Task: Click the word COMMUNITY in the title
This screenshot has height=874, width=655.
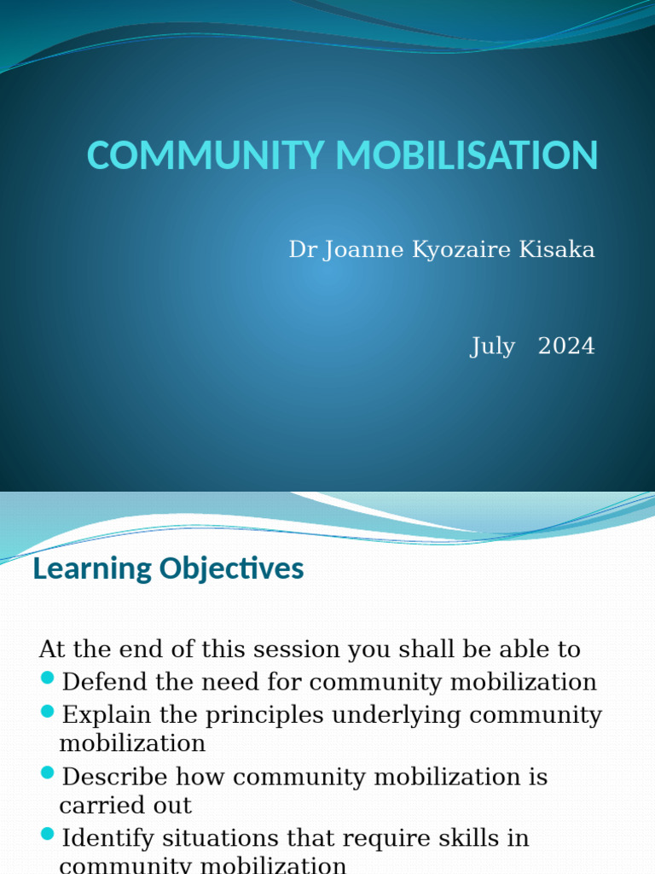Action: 202,156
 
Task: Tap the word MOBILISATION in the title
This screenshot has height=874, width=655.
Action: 461,156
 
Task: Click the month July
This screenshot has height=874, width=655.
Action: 492,347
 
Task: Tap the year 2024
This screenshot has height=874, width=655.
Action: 566,347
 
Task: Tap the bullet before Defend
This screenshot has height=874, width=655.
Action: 48,679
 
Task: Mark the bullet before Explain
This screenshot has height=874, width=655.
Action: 48,712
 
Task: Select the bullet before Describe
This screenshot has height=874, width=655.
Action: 48,774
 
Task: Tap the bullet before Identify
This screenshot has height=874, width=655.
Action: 48,835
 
